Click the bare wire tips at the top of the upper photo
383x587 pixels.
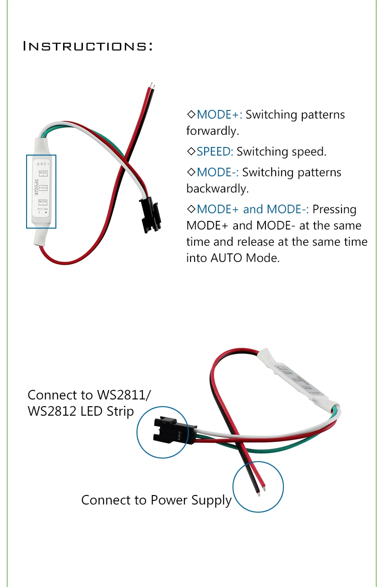(153, 84)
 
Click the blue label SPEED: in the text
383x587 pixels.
(215, 151)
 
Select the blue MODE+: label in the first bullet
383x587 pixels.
(219, 115)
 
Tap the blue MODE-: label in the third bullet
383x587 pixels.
(218, 172)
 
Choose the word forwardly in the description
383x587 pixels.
(212, 131)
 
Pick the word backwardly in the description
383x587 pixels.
(217, 188)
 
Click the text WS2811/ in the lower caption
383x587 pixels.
(124, 395)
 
